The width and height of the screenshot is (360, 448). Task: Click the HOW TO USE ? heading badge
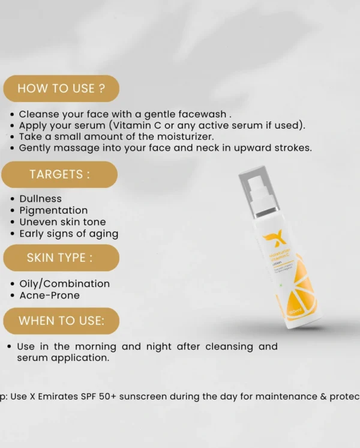pyautogui.click(x=61, y=88)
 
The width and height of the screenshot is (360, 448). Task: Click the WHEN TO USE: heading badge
pyautogui.click(x=61, y=321)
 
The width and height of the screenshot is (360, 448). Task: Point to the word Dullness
pyautogui.click(x=40, y=198)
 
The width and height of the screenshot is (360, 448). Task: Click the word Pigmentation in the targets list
pyautogui.click(x=53, y=210)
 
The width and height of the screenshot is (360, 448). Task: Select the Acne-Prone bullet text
pyautogui.click(x=49, y=295)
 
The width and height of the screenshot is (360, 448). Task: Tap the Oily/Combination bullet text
pyautogui.click(x=64, y=283)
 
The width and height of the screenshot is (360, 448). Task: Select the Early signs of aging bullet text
pyautogui.click(x=68, y=234)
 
